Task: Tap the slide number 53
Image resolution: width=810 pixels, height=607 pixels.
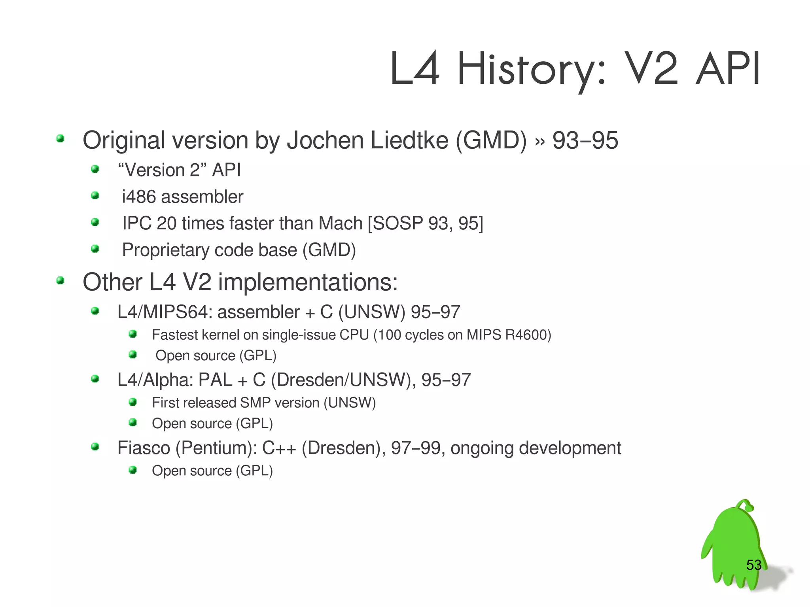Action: (754, 565)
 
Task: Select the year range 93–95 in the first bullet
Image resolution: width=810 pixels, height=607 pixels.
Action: (585, 140)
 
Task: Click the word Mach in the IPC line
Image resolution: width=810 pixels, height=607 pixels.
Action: (341, 223)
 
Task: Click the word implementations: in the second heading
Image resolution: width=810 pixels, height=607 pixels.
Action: (308, 282)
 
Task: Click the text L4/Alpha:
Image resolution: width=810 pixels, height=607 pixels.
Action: (155, 380)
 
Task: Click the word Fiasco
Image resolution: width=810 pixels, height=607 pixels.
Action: (144, 448)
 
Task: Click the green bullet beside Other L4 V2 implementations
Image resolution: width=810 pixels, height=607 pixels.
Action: (60, 281)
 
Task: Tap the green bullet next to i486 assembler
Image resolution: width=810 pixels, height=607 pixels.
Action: (95, 195)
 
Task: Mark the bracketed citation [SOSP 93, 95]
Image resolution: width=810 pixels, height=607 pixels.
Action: (426, 223)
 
